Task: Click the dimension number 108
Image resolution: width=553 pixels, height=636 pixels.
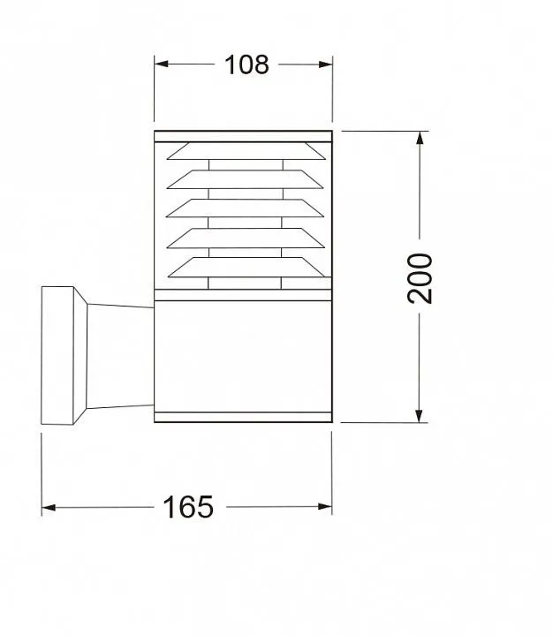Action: (x=246, y=64)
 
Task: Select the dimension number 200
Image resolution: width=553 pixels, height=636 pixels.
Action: (x=420, y=278)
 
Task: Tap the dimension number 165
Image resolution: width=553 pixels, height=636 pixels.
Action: (x=188, y=507)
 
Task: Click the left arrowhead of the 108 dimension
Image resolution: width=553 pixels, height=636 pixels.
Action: (x=161, y=64)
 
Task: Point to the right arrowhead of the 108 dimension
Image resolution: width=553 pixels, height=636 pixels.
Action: (x=326, y=64)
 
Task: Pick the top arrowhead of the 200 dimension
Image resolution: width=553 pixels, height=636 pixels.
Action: (x=420, y=138)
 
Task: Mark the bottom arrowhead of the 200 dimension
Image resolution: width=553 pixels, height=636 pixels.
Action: (x=419, y=416)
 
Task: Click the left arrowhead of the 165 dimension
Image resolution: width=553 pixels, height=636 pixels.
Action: (x=49, y=507)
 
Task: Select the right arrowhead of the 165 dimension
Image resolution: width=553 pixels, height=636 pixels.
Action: (x=325, y=506)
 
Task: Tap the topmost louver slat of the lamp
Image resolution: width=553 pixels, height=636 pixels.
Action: (x=246, y=151)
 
